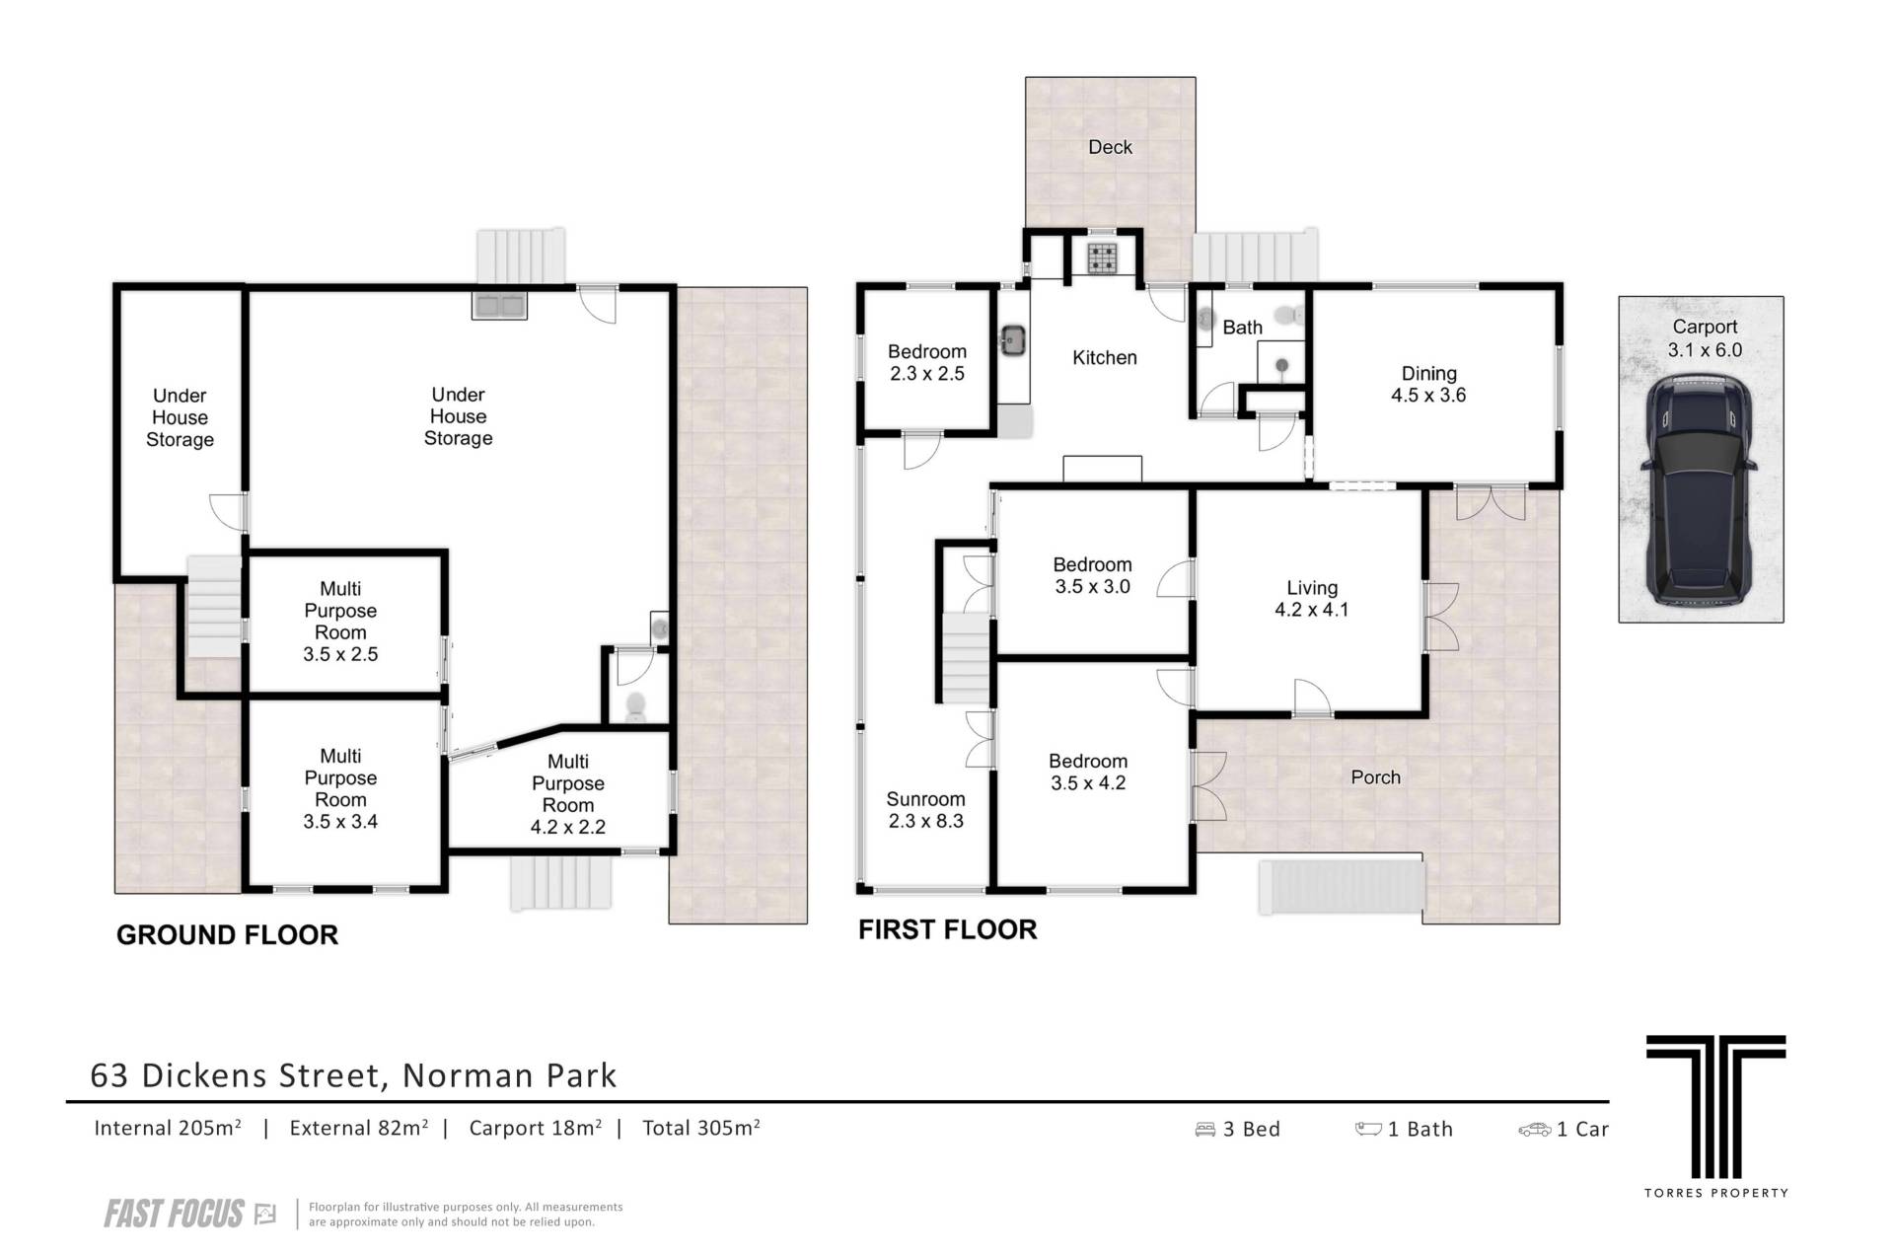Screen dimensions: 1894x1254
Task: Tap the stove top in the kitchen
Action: click(x=1102, y=258)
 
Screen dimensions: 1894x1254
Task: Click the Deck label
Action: click(x=1110, y=147)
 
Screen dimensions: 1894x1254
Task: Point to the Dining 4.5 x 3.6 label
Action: click(x=1428, y=384)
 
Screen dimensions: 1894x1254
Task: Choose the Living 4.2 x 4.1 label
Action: click(x=1311, y=599)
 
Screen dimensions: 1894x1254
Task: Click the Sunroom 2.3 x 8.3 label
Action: click(x=925, y=810)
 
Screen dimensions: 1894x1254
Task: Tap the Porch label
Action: click(x=1375, y=777)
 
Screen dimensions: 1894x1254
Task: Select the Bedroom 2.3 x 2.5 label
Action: click(x=926, y=362)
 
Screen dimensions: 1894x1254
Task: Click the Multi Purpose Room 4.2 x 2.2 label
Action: click(x=568, y=794)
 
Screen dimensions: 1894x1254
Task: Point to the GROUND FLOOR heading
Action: click(x=227, y=935)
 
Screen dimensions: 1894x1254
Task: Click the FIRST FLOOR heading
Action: click(x=948, y=929)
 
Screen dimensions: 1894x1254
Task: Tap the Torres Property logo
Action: click(x=1716, y=1116)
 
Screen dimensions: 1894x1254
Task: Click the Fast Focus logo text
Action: click(x=174, y=1214)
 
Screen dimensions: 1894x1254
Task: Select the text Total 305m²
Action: click(x=701, y=1128)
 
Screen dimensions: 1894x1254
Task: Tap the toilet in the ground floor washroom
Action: click(x=636, y=706)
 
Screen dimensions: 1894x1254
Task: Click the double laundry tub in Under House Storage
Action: click(x=500, y=305)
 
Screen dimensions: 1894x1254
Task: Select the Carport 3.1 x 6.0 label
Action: click(x=1705, y=338)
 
